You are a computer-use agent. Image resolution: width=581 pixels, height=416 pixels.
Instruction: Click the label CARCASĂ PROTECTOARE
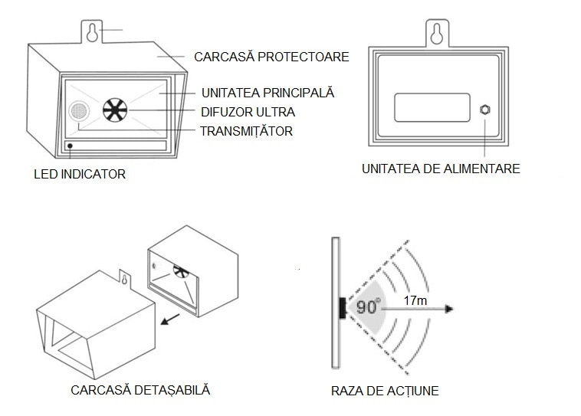click(271, 57)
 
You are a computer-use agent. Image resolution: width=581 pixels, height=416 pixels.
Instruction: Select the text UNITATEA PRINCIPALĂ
click(268, 93)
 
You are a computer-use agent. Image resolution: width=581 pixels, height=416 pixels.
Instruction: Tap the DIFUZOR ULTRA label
click(248, 112)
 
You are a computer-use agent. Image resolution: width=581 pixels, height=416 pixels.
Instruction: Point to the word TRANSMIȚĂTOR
click(246, 131)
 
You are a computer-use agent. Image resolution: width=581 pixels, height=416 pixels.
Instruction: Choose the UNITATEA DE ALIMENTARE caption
click(441, 169)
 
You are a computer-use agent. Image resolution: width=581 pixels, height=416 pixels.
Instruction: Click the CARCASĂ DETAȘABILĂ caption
click(140, 390)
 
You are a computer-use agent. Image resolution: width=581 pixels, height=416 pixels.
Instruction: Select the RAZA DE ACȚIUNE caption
click(385, 391)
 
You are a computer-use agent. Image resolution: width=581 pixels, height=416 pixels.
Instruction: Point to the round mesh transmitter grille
click(78, 112)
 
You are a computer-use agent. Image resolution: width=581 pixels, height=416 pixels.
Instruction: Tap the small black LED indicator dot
click(71, 145)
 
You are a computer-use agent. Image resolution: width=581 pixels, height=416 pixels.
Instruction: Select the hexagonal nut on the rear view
click(484, 109)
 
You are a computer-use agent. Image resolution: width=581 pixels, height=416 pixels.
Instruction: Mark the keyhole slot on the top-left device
click(92, 32)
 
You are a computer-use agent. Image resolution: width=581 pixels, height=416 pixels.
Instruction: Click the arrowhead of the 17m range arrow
click(450, 309)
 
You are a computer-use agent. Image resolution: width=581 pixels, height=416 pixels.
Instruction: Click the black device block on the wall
click(342, 308)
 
